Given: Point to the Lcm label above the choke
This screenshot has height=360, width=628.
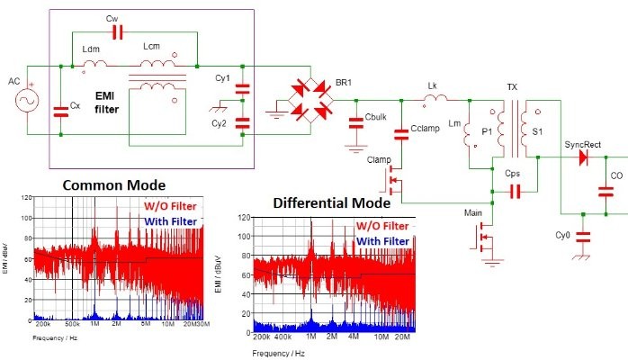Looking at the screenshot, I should click(x=153, y=46).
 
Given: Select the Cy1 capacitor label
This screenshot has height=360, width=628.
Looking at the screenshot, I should click(x=222, y=78).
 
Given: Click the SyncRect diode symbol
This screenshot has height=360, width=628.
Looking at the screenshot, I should click(x=583, y=157).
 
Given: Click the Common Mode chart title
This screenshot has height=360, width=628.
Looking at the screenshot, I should click(x=112, y=185).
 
